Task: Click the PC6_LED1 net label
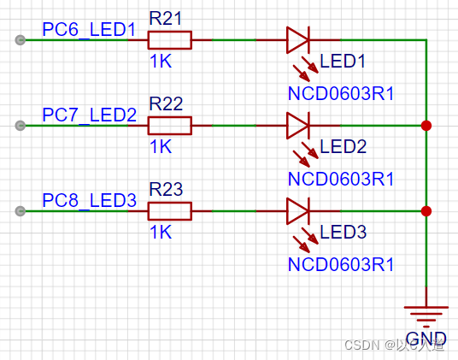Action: point(89,30)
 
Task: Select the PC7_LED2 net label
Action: point(89,115)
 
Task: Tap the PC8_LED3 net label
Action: point(89,201)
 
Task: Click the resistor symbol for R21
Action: point(169,39)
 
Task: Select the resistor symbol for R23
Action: point(169,210)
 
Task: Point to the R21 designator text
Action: point(166,18)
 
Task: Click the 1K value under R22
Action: point(160,146)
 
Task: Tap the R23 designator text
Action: point(166,189)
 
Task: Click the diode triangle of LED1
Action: point(297,39)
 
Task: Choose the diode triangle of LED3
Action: point(297,210)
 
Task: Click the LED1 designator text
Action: point(343,62)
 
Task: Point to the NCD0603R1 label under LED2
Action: point(341,179)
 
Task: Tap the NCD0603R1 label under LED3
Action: point(341,264)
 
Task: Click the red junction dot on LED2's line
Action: point(426,126)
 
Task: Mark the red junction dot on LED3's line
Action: point(426,210)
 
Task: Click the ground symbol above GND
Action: point(426,315)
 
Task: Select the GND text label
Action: point(426,338)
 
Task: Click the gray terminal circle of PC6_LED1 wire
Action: point(20,39)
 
